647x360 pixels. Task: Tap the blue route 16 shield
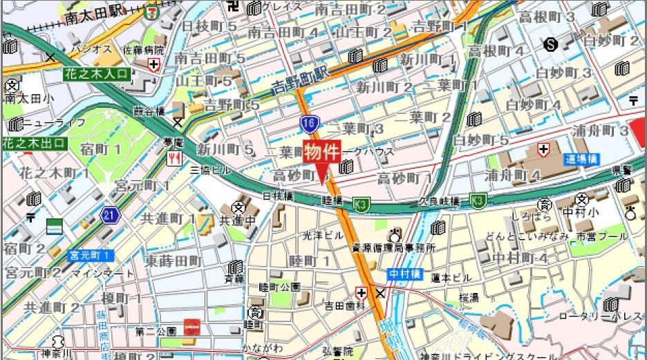pos(309,124)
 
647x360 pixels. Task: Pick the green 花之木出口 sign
pos(34,144)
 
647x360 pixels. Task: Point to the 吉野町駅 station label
pos(299,78)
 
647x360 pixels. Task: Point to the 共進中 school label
pos(235,220)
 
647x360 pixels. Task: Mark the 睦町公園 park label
pos(279,287)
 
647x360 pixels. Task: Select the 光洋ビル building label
pos(323,236)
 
